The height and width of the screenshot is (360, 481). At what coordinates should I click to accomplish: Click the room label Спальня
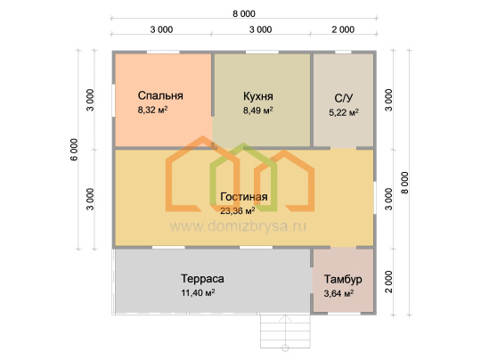tap(160, 95)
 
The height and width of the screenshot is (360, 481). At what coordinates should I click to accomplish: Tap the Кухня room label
tap(258, 96)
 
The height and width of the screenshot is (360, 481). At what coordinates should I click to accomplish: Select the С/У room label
tap(344, 98)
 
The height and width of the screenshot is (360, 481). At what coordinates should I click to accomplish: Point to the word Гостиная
tap(244, 196)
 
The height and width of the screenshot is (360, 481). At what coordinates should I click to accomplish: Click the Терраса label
tap(202, 279)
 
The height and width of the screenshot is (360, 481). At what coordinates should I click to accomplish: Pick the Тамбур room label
tap(343, 279)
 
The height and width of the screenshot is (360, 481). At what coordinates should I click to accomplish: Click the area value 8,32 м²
tap(153, 110)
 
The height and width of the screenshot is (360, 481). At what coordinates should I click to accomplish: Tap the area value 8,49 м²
tap(258, 110)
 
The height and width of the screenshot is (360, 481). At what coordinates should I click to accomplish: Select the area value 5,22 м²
tap(344, 112)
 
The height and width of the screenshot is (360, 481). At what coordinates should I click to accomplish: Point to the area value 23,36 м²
tap(238, 210)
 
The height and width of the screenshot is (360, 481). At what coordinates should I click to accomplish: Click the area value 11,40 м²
tap(198, 293)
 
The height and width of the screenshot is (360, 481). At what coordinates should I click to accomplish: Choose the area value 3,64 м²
tap(338, 293)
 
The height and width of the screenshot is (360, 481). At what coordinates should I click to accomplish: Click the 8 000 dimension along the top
tap(244, 13)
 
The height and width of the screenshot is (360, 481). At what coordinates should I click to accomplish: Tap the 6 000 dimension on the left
tap(74, 150)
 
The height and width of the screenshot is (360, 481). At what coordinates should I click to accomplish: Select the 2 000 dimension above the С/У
tap(343, 29)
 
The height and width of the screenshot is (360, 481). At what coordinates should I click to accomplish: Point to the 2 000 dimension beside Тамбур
tap(388, 282)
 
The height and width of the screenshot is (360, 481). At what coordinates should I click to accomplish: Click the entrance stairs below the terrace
tap(285, 331)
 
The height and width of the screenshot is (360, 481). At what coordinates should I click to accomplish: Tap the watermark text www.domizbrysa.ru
tap(238, 226)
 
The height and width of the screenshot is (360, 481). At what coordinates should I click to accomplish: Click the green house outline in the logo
tap(243, 177)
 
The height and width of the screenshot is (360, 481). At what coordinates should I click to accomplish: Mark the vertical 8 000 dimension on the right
tap(405, 183)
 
